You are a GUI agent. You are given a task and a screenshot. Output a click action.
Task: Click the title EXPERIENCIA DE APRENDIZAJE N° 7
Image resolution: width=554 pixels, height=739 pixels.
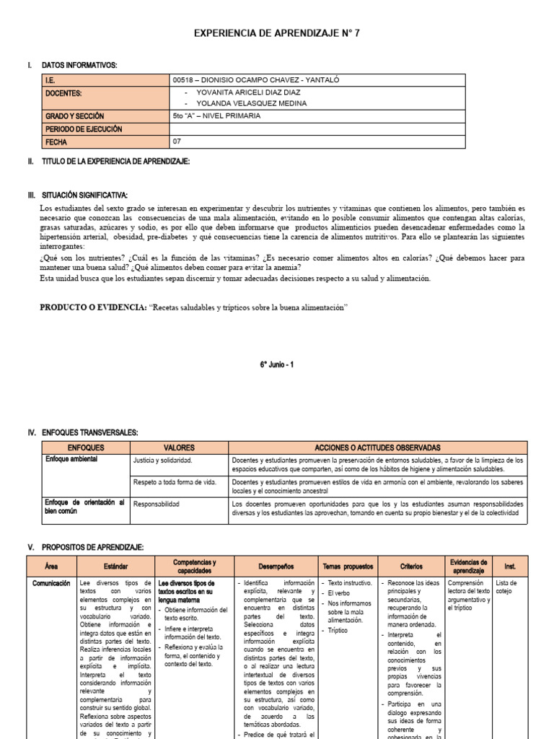tap(277, 34)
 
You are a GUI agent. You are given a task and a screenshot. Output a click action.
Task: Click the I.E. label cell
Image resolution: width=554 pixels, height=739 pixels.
tap(106, 80)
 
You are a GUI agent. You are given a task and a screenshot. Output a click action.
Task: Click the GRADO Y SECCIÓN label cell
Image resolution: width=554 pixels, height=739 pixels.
tap(106, 116)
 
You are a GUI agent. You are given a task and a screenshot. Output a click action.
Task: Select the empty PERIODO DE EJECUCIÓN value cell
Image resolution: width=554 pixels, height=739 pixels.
tap(317, 129)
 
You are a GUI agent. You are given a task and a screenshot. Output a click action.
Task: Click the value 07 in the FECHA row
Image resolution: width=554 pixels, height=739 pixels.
tap(177, 141)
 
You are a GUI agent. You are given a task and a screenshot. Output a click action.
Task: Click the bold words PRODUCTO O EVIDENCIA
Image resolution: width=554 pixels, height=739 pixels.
tap(92, 307)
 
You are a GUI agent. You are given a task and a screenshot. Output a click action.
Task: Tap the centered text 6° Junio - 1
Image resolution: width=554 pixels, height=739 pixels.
tap(277, 365)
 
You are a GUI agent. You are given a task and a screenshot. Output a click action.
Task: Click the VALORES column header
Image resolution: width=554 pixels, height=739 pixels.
tap(179, 447)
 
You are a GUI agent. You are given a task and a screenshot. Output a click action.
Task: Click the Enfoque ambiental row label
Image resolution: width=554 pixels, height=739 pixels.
tap(71, 459)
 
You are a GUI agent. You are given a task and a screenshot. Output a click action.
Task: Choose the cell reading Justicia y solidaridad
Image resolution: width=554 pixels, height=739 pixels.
tap(162, 460)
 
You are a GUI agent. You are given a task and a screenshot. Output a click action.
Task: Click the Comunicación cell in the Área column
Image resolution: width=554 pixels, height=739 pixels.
tap(50, 582)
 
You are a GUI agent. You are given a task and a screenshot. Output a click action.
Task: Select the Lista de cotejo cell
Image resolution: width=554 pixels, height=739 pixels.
tap(506, 587)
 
